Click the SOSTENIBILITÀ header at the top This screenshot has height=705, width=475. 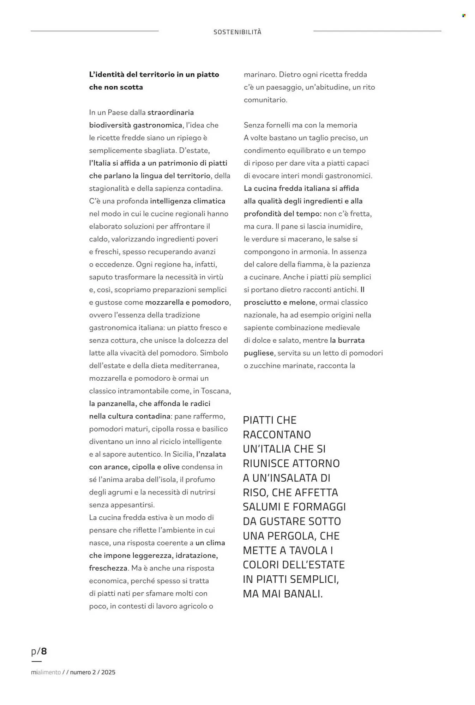point(237,32)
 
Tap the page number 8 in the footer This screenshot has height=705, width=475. point(44,651)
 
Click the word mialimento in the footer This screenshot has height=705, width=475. point(46,672)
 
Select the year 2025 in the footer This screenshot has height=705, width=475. point(108,672)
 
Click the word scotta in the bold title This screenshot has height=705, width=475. point(130,87)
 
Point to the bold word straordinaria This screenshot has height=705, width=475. point(170,112)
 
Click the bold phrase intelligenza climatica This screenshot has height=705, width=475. point(187,201)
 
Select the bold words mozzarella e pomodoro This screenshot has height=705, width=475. point(187,302)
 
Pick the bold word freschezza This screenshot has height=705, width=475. point(108,568)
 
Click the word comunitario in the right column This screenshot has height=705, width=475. point(265,100)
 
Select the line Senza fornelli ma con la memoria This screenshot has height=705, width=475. point(300,125)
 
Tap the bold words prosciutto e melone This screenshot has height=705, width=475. point(279,302)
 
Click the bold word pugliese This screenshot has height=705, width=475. point(259,353)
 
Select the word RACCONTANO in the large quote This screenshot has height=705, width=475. point(277,434)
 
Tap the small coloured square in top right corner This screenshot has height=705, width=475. point(464,16)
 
